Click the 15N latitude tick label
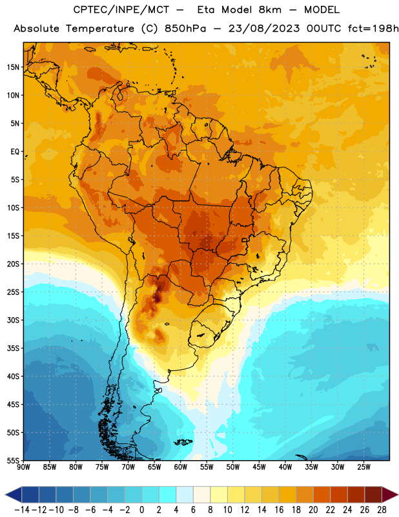coord(13,67)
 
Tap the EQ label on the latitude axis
coord(15,152)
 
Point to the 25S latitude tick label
coord(13,292)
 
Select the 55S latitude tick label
coord(13,460)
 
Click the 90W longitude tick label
coord(23,467)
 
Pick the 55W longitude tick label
coord(207,467)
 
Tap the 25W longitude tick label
coord(363,467)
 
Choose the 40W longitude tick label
coord(285,467)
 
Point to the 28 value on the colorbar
coord(382,510)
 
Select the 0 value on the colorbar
coord(141,510)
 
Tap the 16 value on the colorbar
coord(279,510)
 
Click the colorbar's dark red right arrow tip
coord(398,494)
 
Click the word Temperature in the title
coord(100,29)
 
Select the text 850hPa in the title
coord(185,29)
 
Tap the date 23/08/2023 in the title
coord(264,29)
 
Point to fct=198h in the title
coord(373,29)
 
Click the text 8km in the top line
coord(270,10)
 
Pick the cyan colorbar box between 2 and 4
coord(167,494)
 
